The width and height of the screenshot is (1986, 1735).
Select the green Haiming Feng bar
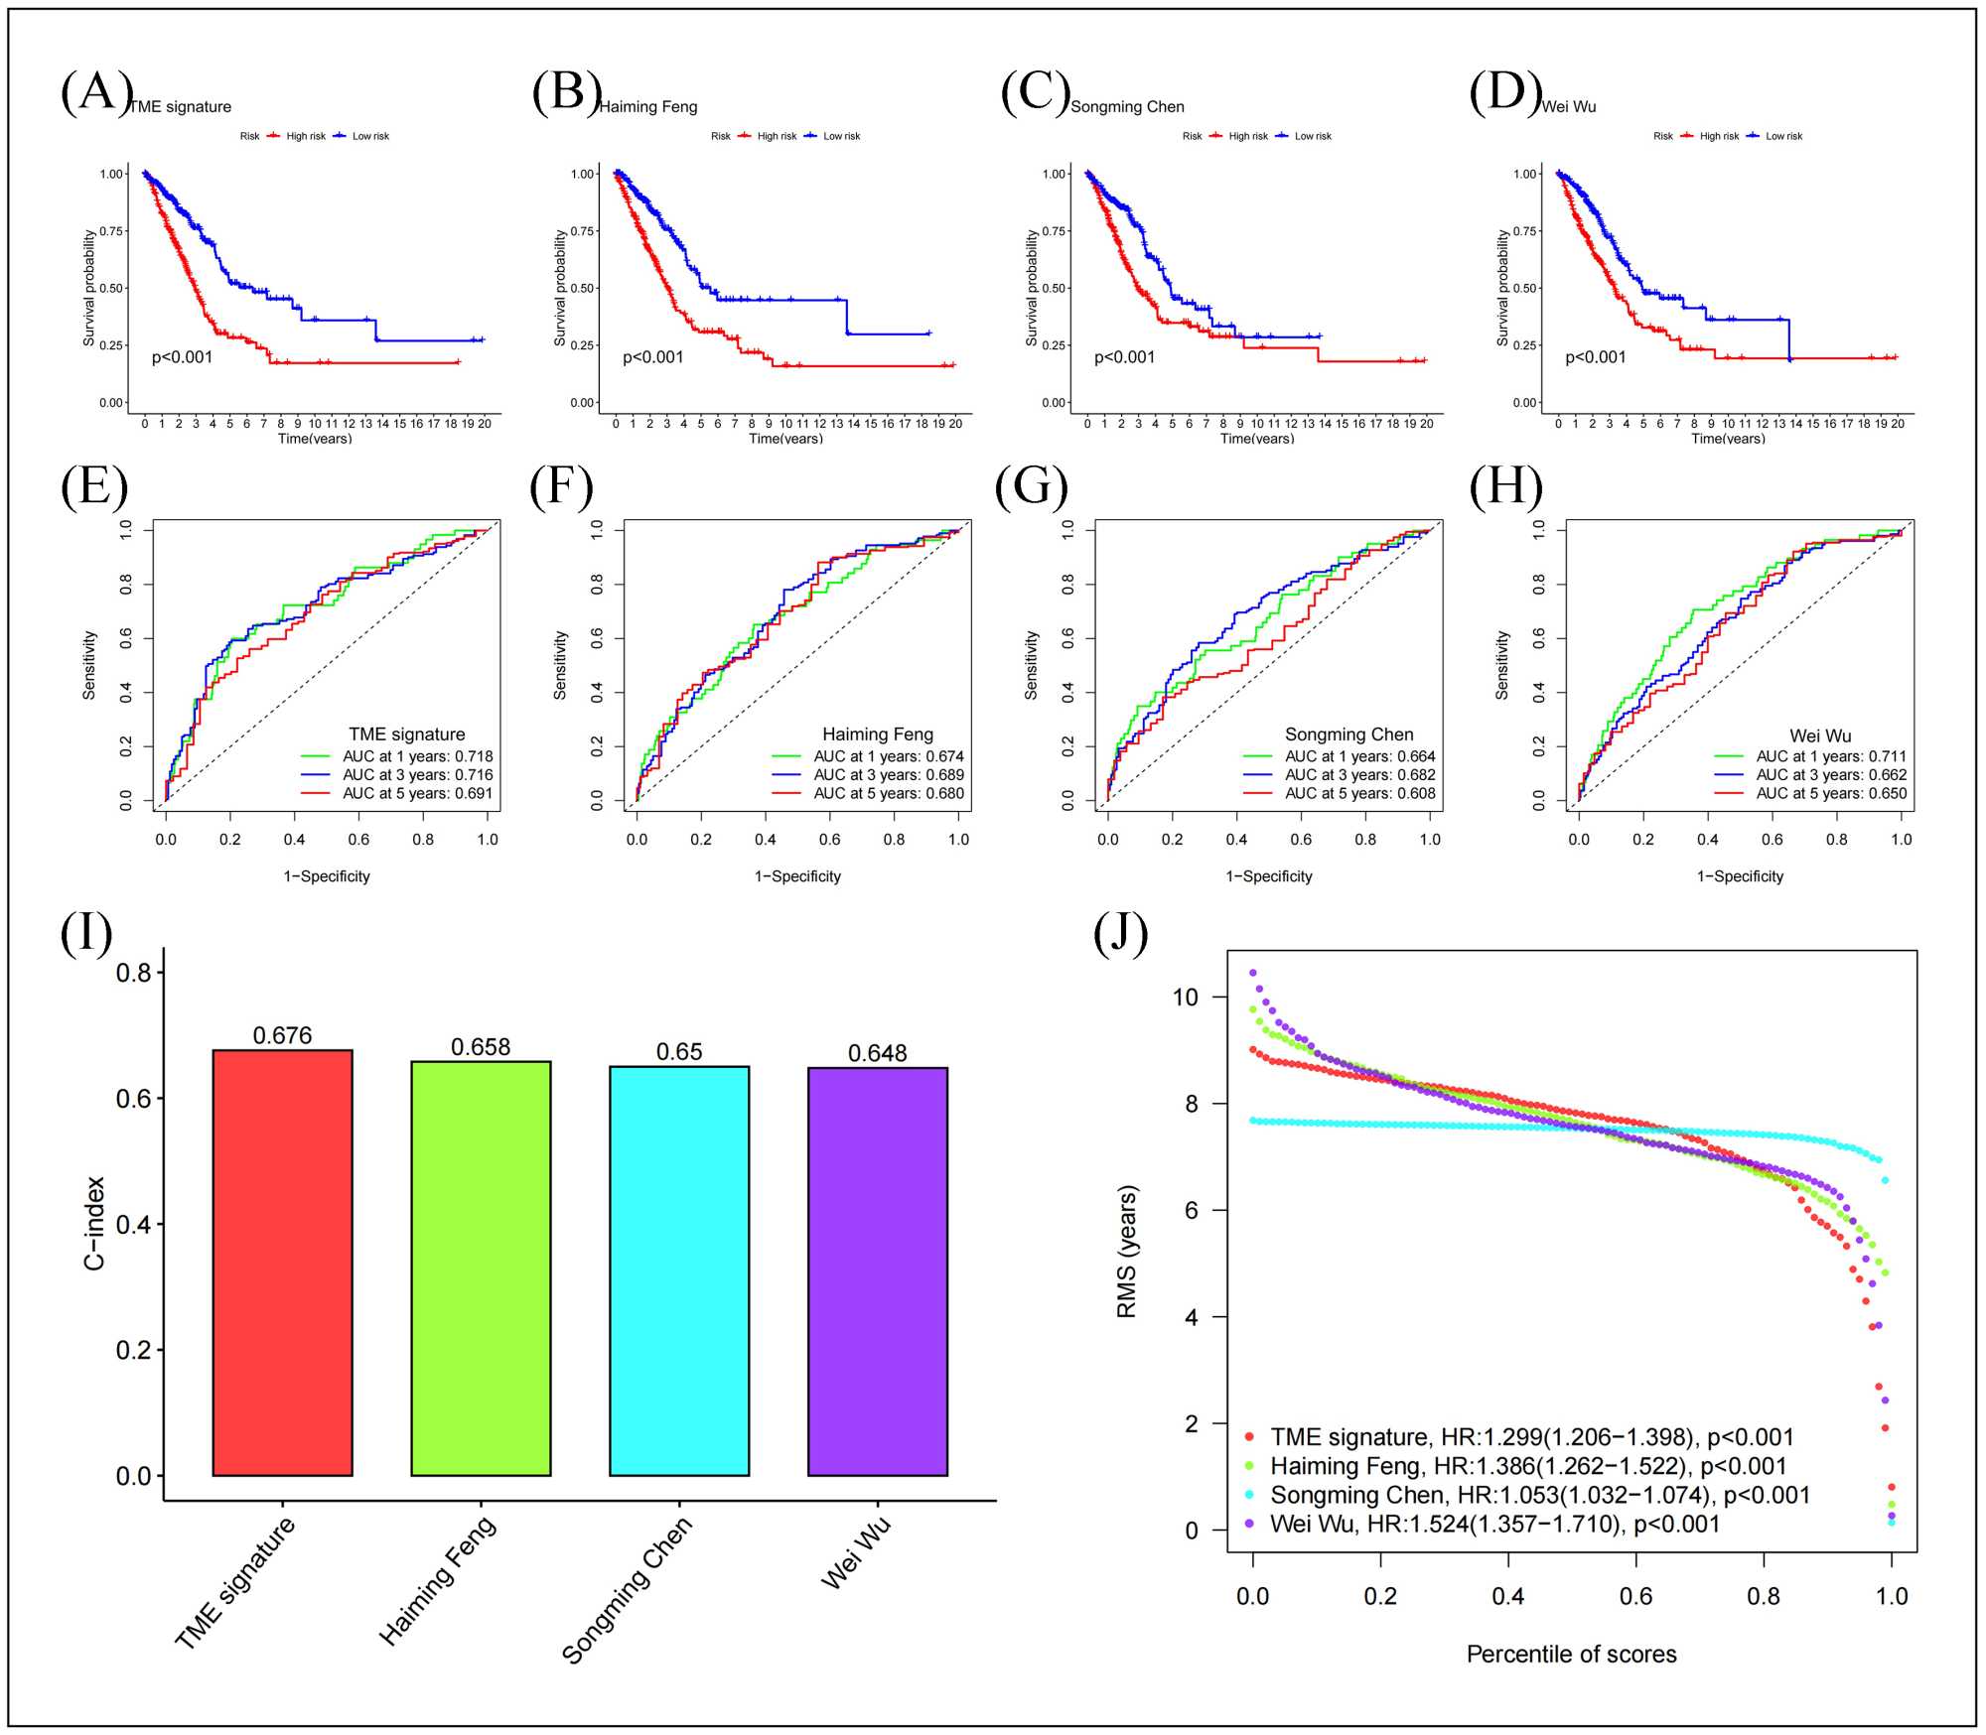[481, 1268]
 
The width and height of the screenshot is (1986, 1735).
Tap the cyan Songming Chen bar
[679, 1270]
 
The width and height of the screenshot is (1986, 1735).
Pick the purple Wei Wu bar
[878, 1271]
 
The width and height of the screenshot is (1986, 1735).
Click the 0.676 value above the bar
[282, 1035]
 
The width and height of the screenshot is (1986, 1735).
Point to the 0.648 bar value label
[878, 1053]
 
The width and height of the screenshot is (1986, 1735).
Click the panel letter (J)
[1120, 934]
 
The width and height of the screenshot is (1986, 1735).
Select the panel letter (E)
[94, 487]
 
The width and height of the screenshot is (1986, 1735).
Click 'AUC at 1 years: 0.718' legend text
[417, 756]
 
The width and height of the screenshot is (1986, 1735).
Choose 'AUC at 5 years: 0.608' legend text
[1359, 793]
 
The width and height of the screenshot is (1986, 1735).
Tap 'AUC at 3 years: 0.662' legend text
[1831, 775]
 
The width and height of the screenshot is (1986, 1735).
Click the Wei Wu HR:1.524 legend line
[1494, 1524]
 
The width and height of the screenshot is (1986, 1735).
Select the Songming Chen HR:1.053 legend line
[1539, 1495]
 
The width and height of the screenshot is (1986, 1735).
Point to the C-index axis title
[94, 1223]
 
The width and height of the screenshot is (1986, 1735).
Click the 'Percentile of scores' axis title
[1571, 1654]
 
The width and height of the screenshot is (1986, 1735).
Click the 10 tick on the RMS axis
[1186, 998]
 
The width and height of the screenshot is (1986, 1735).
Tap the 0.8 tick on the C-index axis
[134, 973]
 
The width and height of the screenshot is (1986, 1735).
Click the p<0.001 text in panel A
[182, 357]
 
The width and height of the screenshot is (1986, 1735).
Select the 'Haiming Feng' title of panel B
[648, 107]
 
